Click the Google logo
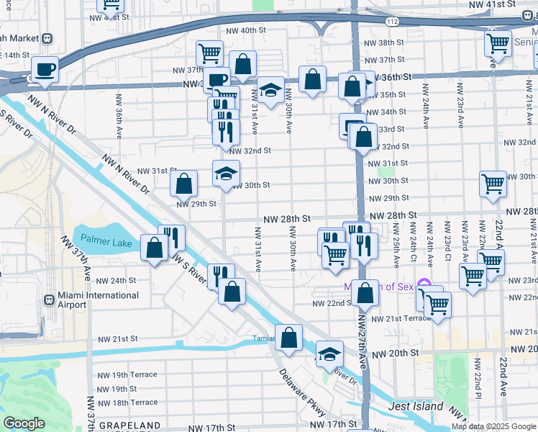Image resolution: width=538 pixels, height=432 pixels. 24,423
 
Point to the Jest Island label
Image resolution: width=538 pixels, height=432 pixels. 416,406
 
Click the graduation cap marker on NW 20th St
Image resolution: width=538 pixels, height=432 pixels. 329,354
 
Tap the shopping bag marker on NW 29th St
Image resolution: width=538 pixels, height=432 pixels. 184,184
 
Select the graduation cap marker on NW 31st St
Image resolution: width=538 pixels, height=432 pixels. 226,173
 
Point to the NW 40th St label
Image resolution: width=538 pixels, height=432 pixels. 246,30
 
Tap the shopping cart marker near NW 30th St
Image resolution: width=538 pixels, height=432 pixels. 493,184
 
